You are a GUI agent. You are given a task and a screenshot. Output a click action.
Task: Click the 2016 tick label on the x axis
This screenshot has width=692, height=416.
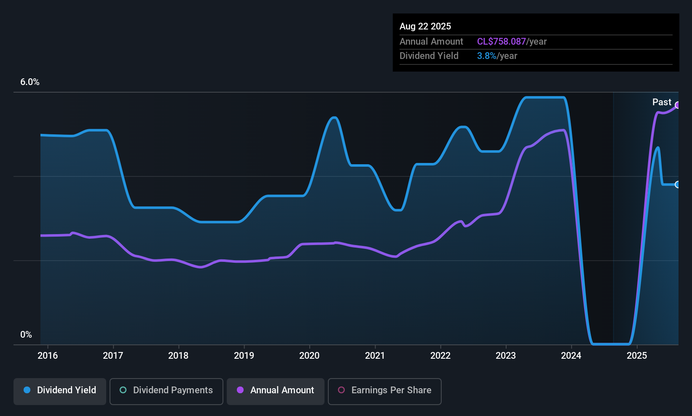click(48, 355)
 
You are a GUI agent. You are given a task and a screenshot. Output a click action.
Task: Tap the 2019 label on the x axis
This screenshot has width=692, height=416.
click(244, 355)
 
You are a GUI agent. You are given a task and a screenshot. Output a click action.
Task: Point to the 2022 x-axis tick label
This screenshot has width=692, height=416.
click(440, 355)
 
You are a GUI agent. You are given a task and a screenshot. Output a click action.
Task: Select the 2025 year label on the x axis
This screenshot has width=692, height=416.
click(637, 355)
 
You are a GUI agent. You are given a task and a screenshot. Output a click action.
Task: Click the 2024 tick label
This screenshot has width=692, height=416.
click(571, 355)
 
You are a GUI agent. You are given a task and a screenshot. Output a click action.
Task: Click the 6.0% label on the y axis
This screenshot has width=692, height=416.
click(30, 82)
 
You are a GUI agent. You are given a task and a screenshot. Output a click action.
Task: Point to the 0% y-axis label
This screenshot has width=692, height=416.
click(26, 335)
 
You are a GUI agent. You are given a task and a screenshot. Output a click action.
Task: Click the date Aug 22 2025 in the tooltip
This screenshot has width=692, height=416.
click(425, 27)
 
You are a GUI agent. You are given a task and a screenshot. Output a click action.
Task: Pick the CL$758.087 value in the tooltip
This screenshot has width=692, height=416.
click(501, 42)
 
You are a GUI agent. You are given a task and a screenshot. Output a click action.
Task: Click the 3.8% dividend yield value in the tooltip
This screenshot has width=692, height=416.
click(486, 56)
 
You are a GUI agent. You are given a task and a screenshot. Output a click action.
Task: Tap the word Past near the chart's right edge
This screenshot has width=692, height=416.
click(662, 102)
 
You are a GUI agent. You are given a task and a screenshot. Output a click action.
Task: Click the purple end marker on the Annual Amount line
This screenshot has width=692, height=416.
click(678, 105)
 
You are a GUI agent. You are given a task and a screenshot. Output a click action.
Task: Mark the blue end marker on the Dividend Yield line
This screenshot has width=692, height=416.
click(678, 184)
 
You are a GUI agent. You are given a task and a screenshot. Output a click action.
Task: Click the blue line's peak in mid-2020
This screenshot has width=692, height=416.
click(334, 117)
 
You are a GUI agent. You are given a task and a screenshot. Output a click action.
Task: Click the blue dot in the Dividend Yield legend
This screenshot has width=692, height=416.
click(27, 390)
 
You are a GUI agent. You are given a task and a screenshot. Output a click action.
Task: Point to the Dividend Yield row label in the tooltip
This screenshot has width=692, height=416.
click(429, 56)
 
